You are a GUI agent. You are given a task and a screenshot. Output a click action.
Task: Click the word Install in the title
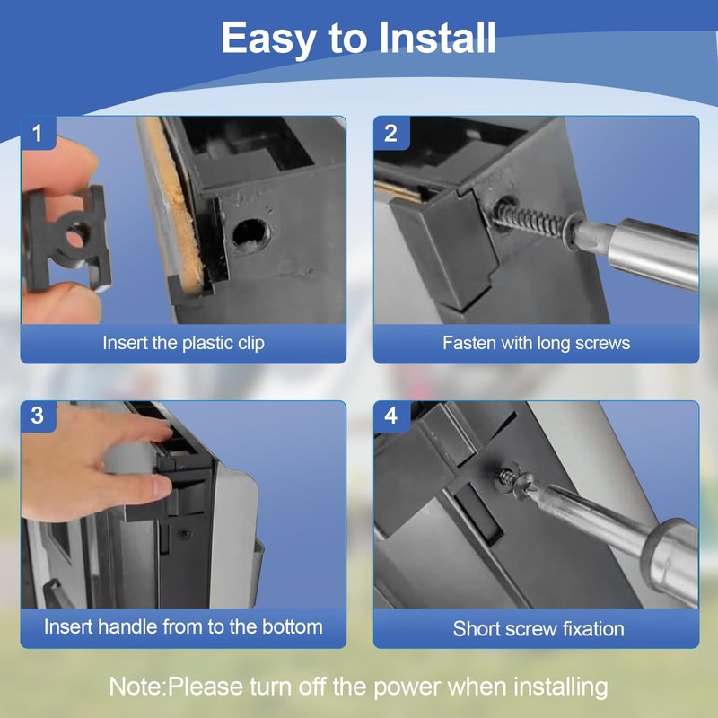437,38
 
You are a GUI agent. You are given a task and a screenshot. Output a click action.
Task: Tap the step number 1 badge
38,133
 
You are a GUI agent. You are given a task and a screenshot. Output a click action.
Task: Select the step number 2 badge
391,133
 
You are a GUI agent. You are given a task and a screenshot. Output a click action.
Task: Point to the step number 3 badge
38,416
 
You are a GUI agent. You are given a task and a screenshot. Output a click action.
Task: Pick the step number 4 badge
391,416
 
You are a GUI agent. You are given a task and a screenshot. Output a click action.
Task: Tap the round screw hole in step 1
250,234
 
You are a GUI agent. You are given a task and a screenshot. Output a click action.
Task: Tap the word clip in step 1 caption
251,344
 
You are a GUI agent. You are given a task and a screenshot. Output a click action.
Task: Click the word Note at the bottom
136,687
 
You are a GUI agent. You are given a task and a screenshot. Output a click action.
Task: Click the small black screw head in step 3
184,534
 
